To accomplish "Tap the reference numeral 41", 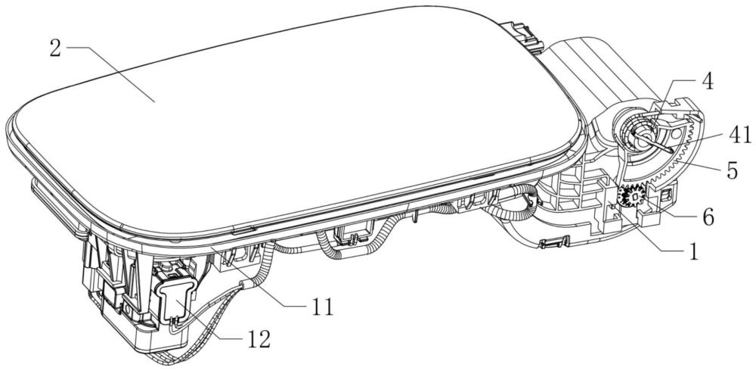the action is (x=740, y=136).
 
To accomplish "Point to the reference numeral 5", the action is (x=733, y=171).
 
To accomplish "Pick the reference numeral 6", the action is (x=708, y=217).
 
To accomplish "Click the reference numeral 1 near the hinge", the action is (x=693, y=251).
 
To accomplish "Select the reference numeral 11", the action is (x=323, y=307).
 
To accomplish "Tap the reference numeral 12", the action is (x=259, y=340).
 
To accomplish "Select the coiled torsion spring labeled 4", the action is (x=637, y=129).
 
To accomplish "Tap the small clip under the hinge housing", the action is (x=554, y=241).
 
